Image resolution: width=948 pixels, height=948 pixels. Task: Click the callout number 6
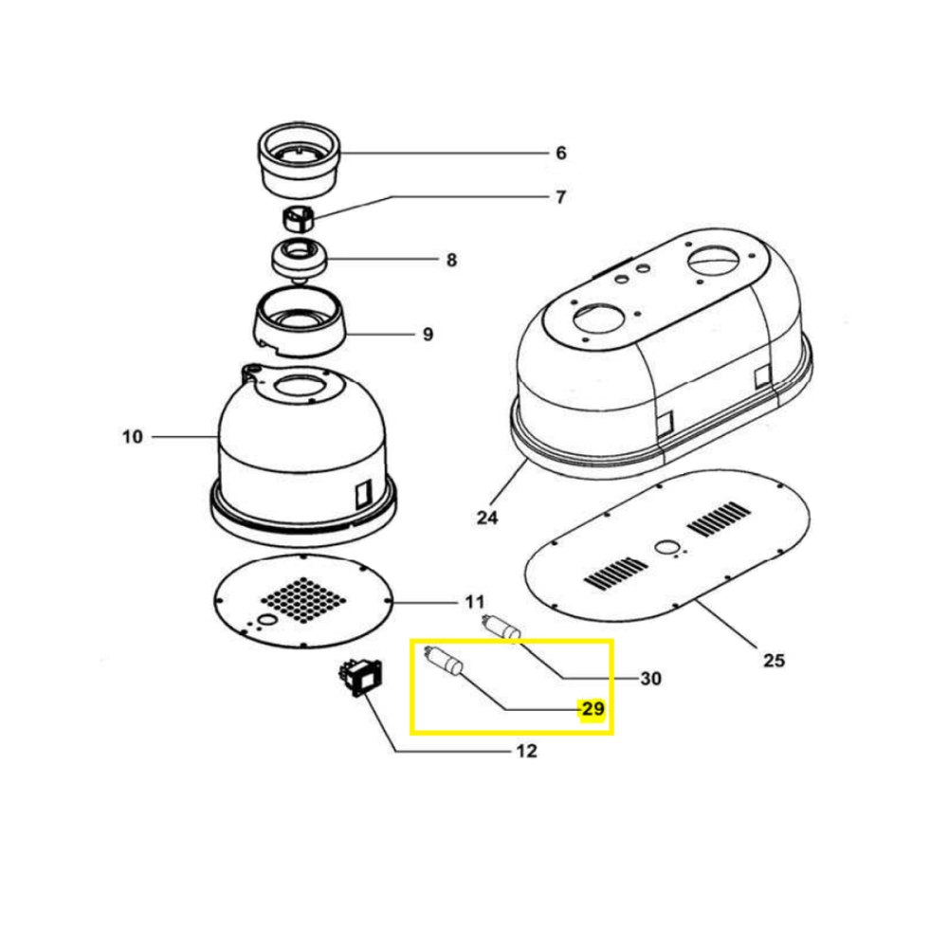561,153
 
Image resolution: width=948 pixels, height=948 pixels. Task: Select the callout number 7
561,197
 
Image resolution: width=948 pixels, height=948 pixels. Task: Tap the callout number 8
451,260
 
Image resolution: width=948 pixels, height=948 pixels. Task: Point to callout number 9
428,335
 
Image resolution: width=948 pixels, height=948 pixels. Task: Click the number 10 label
133,436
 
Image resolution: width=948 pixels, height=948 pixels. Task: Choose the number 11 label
475,602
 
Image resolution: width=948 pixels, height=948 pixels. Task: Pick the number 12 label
526,751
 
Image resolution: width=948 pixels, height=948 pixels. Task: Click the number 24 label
487,518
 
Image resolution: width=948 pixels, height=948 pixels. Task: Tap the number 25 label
774,660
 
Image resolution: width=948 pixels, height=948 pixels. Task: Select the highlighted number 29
592,708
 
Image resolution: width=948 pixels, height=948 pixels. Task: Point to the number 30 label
650,679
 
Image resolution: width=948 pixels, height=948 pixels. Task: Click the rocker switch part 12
359,679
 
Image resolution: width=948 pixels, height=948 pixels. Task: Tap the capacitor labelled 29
445,659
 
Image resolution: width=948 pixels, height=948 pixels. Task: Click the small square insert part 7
299,218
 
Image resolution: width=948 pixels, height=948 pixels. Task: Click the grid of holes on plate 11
303,600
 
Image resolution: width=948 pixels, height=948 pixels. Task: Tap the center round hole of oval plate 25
666,548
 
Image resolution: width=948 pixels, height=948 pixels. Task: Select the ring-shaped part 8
299,260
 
